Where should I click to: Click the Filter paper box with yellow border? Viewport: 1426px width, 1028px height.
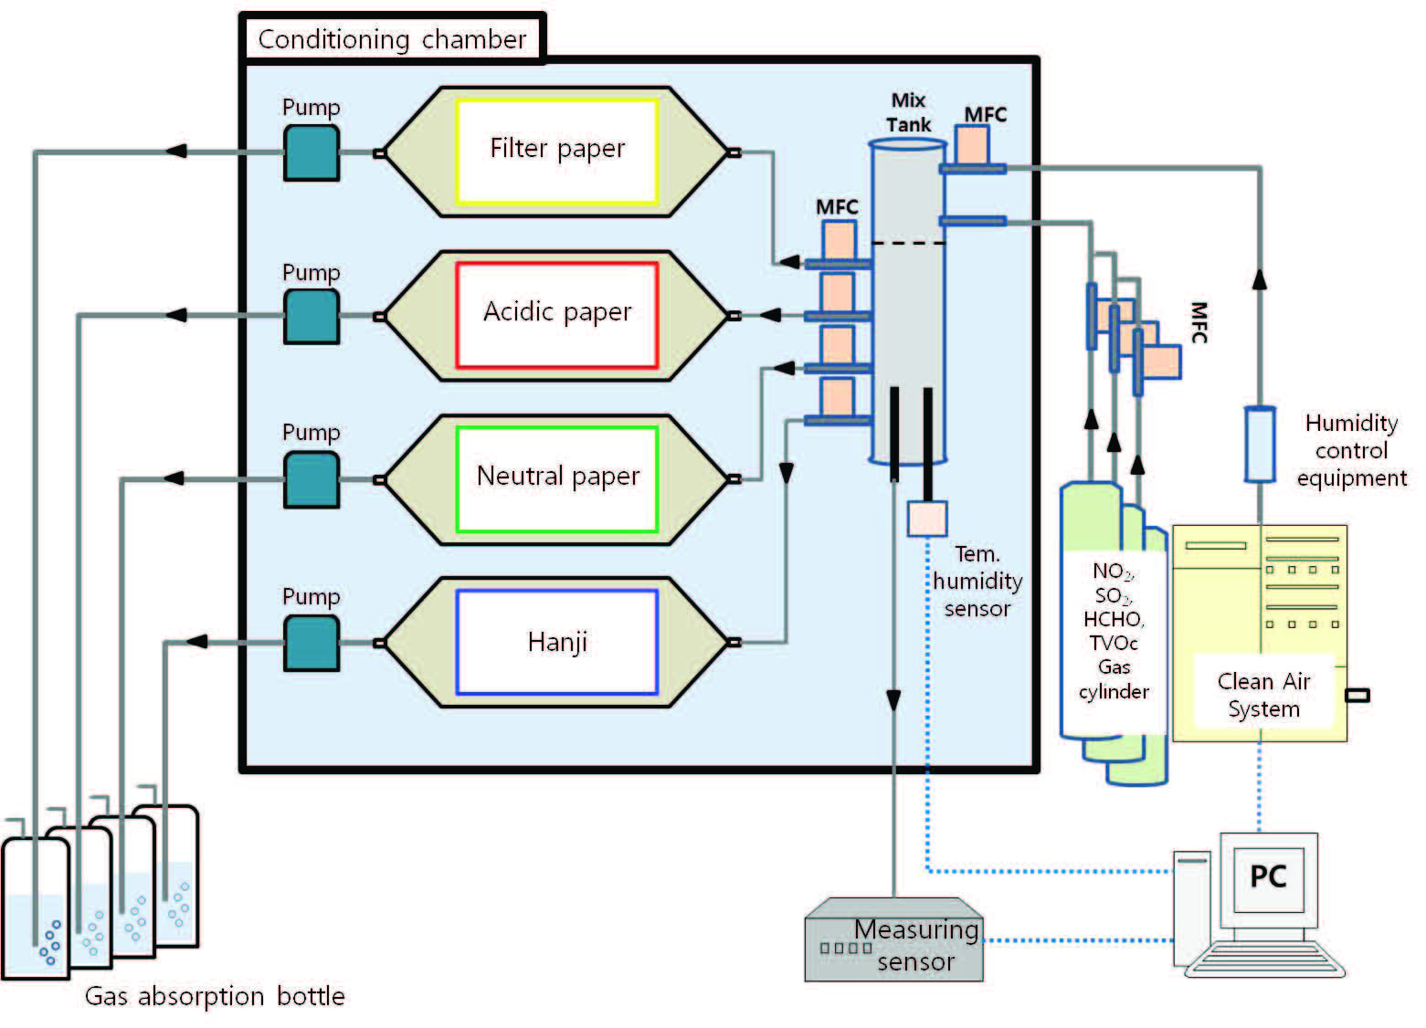[557, 151]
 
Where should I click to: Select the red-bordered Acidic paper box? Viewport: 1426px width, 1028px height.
[557, 315]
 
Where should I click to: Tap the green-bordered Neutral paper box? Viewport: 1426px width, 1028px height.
[557, 478]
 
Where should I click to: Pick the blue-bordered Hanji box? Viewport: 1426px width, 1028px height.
[557, 642]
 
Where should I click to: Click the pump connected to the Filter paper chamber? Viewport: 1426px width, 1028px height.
[312, 152]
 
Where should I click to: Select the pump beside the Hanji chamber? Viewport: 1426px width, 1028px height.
[312, 643]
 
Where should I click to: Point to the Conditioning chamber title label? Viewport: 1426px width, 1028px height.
[393, 39]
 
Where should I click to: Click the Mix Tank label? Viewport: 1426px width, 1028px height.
[909, 112]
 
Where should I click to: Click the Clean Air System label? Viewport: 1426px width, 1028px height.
[1263, 695]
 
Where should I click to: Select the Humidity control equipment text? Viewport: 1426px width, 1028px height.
[1351, 450]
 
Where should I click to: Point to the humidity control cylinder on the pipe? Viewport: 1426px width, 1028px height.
[1260, 444]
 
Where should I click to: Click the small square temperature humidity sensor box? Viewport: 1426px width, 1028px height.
[926, 519]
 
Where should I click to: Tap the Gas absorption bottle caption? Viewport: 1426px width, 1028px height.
[215, 996]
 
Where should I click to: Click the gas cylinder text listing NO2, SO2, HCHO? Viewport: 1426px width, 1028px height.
[1114, 631]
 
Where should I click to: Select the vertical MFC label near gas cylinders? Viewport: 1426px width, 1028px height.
[1199, 322]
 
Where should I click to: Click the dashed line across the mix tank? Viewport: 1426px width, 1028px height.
[908, 243]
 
